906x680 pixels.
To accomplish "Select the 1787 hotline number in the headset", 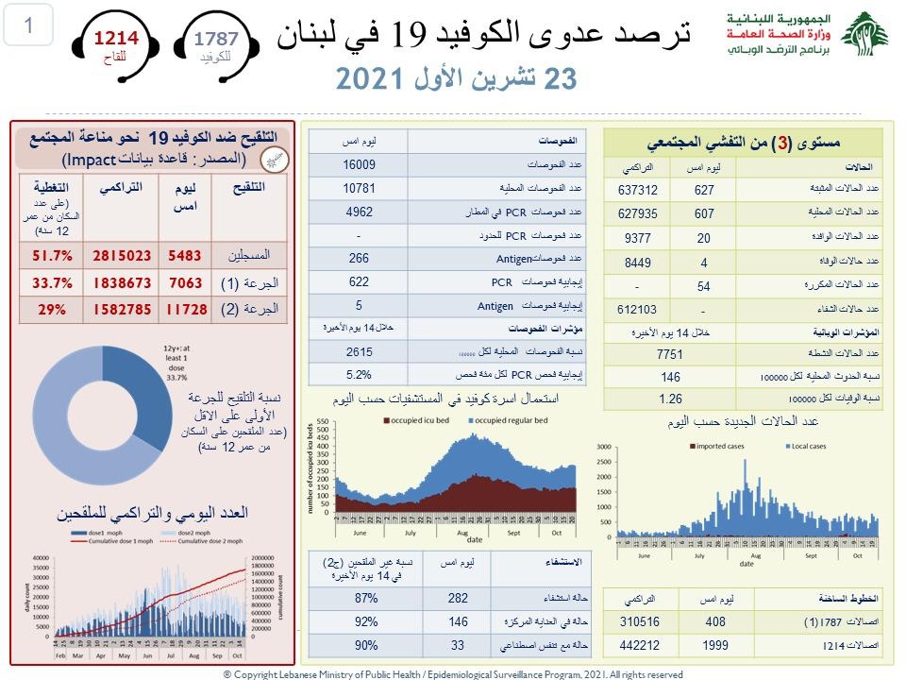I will pyautogui.click(x=216, y=39).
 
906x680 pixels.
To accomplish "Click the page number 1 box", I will pyautogui.click(x=28, y=25).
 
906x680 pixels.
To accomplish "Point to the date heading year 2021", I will pyautogui.click(x=372, y=79).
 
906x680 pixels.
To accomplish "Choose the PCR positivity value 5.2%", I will pyautogui.click(x=358, y=374).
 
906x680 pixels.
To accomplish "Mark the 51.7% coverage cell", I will pyautogui.click(x=54, y=255).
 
